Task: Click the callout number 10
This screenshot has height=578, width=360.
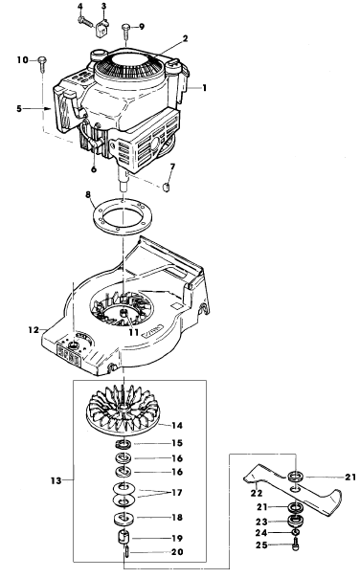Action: tap(23, 59)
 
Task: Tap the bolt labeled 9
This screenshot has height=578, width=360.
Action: tap(126, 31)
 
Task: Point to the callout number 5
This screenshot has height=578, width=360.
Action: tap(19, 109)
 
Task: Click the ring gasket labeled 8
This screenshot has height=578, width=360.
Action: tap(121, 215)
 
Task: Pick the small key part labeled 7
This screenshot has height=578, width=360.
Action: tap(167, 186)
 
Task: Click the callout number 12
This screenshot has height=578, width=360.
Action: tap(34, 329)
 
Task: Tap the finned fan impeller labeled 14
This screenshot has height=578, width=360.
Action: tap(124, 409)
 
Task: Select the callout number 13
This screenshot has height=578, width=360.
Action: tap(56, 480)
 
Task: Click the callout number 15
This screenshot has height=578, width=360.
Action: tap(177, 443)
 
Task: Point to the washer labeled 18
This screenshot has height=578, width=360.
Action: tap(124, 518)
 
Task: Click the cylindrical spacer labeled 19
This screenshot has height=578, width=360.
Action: tap(124, 536)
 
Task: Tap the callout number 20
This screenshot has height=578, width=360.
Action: tap(177, 552)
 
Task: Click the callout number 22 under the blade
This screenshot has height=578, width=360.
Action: tap(257, 493)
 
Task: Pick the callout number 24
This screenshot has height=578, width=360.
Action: tap(261, 533)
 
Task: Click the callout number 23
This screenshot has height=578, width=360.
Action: tap(261, 522)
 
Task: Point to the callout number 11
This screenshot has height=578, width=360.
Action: tap(134, 332)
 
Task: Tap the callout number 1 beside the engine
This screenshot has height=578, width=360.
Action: tap(204, 88)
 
